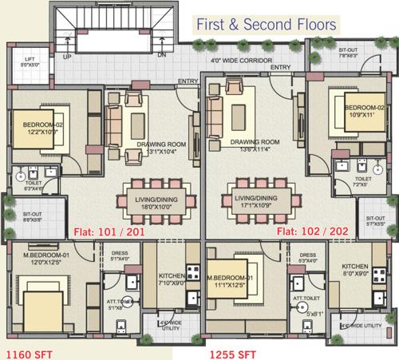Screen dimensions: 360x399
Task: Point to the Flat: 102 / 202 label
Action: (310, 232)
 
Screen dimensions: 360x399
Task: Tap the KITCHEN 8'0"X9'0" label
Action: (354, 269)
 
